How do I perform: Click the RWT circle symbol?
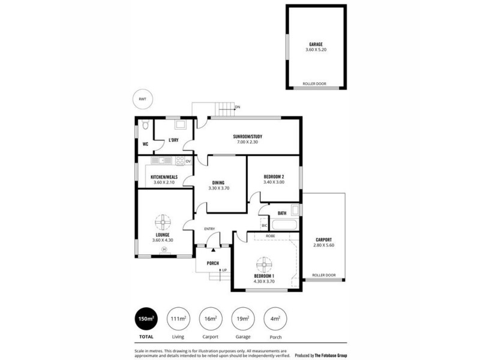pyautogui.click(x=142, y=99)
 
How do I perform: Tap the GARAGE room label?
pyautogui.click(x=316, y=44)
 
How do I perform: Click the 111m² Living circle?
pyautogui.click(x=177, y=319)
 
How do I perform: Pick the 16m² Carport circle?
pyautogui.click(x=209, y=319)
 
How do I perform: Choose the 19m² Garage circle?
pyautogui.click(x=242, y=319)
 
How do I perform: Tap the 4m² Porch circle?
pyautogui.click(x=275, y=319)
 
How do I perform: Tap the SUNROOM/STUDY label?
pyautogui.click(x=248, y=137)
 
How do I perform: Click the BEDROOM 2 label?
pyautogui.click(x=274, y=176)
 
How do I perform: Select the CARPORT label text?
pyautogui.click(x=323, y=239)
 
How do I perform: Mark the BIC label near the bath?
pyautogui.click(x=265, y=225)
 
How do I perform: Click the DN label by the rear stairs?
pyautogui.click(x=238, y=107)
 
